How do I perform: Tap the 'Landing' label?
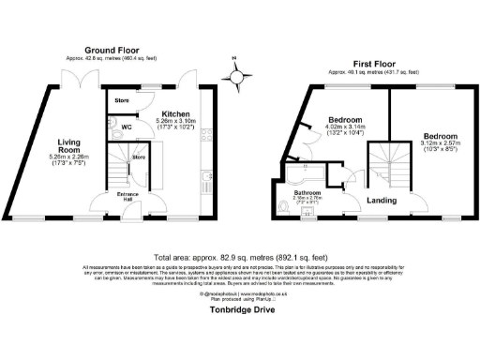pyautogui.click(x=380, y=200)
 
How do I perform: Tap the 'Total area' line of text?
pyautogui.click(x=239, y=256)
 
